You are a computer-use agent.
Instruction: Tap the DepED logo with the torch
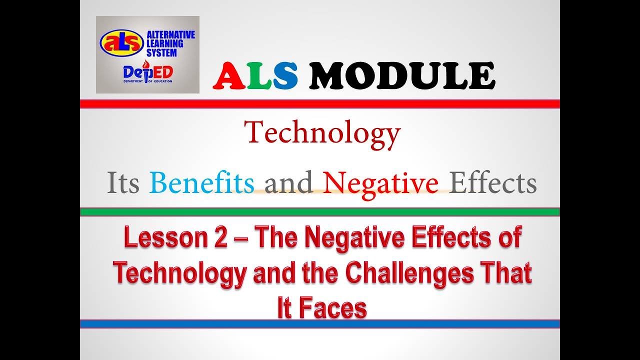(148, 73)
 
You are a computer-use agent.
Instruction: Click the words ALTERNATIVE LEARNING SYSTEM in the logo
(170, 43)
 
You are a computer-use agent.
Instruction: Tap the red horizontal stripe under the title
(320, 104)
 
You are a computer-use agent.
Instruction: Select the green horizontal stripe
(320, 212)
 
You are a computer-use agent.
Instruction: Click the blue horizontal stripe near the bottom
(320, 324)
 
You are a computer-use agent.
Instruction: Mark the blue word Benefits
(202, 183)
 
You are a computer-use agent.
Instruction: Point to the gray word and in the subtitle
(288, 183)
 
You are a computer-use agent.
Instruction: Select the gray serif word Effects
(493, 183)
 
